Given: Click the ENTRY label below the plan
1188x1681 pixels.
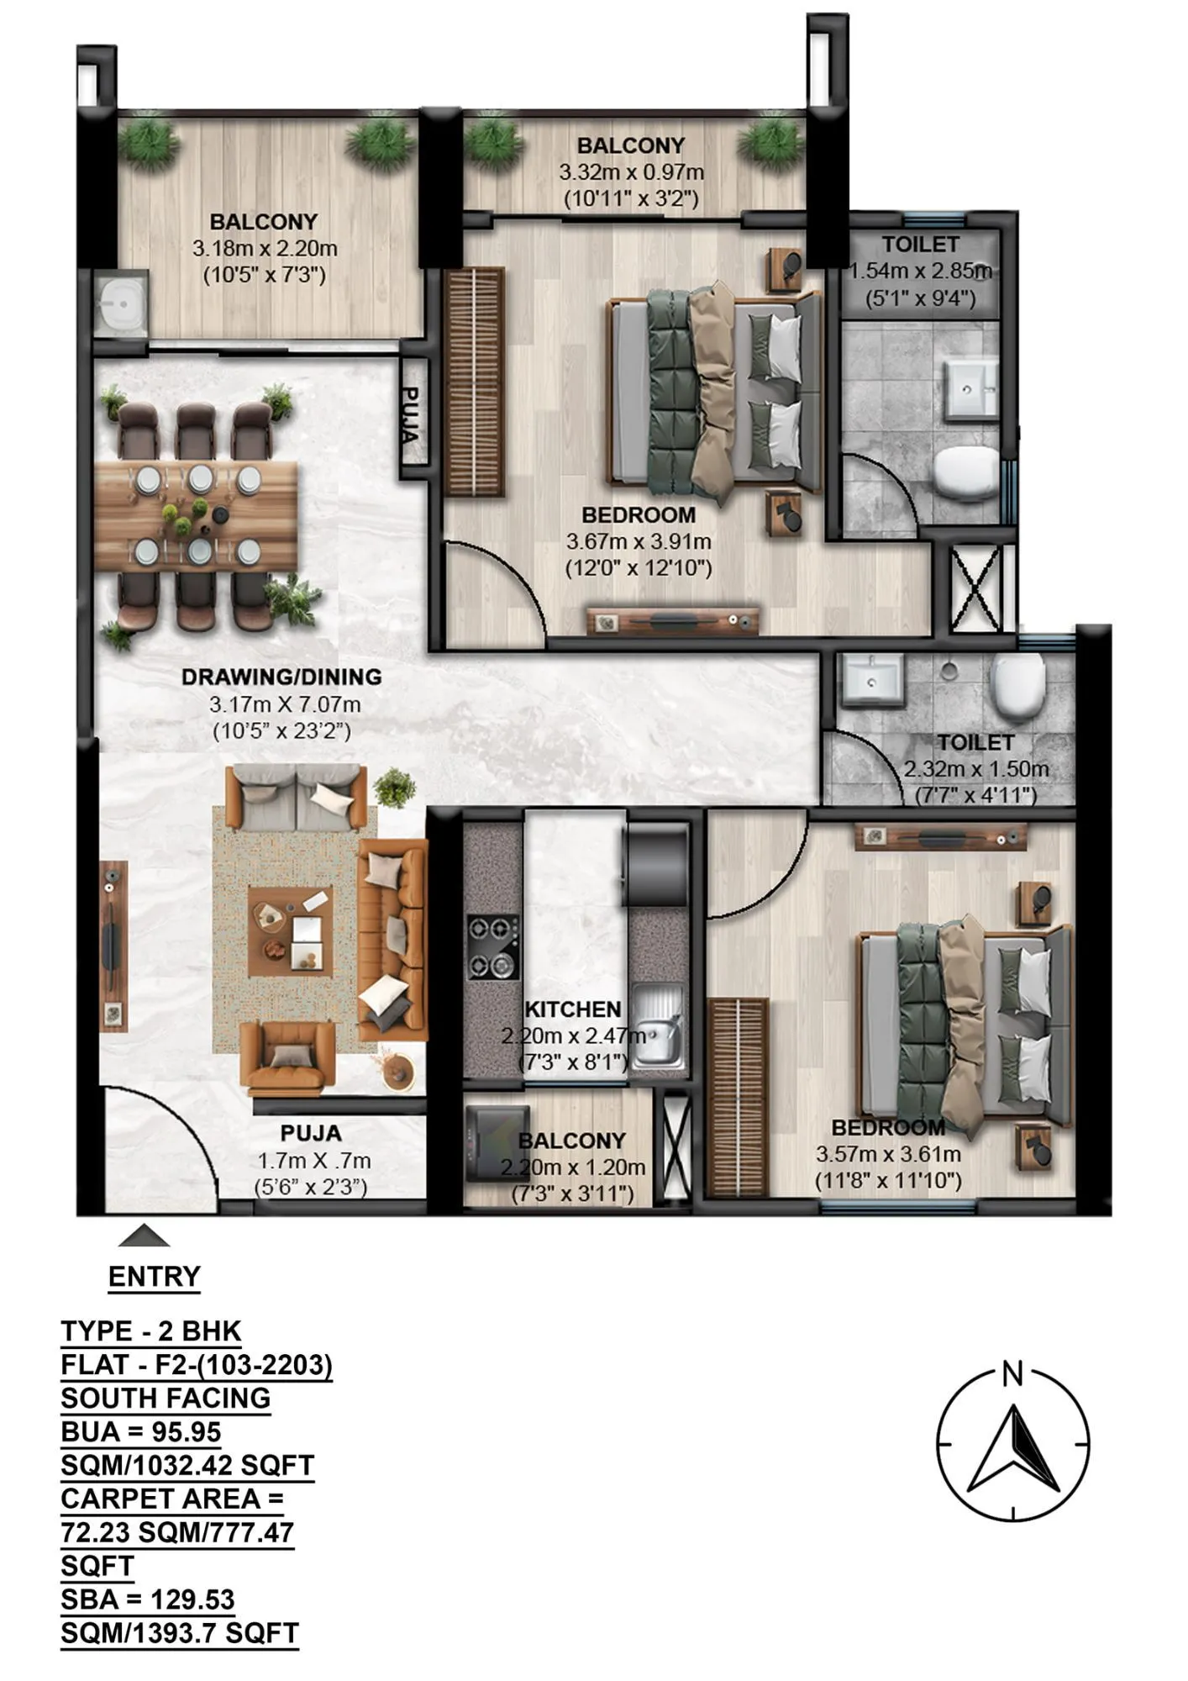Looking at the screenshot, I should [x=154, y=1277].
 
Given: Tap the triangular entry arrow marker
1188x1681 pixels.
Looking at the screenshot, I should [x=144, y=1236].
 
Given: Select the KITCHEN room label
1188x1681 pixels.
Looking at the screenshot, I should [x=572, y=1009].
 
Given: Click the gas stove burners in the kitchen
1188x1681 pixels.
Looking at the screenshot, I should [x=492, y=947].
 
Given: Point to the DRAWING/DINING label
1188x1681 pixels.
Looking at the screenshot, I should [x=281, y=677].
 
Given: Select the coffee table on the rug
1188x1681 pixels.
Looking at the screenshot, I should [x=290, y=931].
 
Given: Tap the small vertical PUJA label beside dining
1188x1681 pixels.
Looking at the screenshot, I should [x=411, y=414].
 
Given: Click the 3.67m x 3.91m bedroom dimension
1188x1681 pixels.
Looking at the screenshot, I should [x=639, y=542].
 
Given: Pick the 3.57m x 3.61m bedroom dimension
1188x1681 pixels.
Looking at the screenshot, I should [x=887, y=1154].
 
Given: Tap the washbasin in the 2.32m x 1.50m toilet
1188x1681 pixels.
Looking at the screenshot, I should [x=871, y=677].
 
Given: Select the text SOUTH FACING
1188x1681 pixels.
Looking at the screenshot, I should [x=166, y=1399].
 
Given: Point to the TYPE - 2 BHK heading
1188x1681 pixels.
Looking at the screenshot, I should [x=151, y=1331].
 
